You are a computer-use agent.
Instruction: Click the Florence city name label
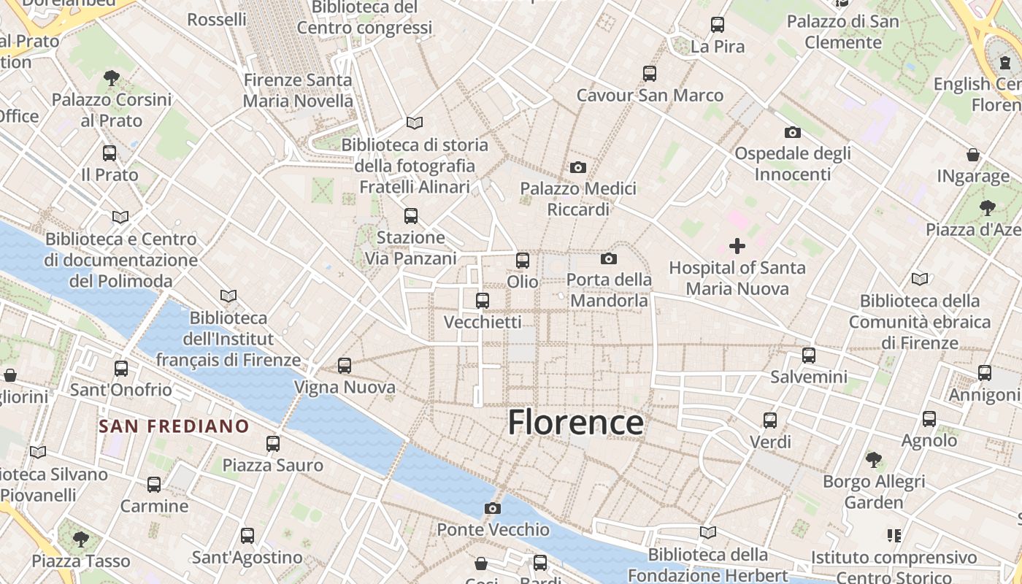575,423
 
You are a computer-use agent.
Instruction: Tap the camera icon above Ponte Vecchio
493,508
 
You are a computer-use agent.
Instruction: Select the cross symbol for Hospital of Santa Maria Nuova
737,246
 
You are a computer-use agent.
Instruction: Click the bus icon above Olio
523,261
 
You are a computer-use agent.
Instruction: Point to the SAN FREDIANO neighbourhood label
174,426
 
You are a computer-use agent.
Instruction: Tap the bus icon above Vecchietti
483,301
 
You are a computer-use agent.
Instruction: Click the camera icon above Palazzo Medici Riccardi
578,167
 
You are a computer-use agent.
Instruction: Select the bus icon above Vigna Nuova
345,366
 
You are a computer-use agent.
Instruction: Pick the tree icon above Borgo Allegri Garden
873,460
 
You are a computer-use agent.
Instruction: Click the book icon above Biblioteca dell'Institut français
228,296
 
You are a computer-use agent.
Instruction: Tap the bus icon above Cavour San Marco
650,74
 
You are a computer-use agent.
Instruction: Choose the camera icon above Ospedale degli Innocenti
793,132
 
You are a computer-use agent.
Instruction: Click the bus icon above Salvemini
809,356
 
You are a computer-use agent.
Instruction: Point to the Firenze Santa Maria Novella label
298,91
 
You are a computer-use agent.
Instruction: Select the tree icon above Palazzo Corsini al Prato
112,77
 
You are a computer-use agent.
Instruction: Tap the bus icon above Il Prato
109,153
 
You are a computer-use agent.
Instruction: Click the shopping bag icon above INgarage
973,155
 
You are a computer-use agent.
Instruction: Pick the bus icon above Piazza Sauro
273,443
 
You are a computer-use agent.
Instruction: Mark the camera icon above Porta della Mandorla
608,258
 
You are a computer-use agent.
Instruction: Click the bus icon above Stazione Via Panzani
411,216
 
